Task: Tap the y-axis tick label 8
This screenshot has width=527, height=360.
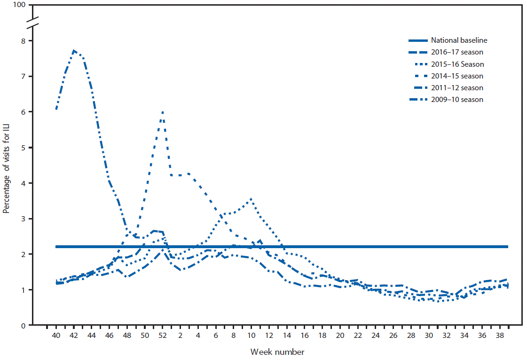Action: pyautogui.click(x=24, y=41)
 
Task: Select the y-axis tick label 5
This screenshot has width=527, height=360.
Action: pyautogui.click(x=24, y=148)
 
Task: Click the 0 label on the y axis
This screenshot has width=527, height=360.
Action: pyautogui.click(x=24, y=325)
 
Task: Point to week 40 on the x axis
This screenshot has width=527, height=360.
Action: pyautogui.click(x=56, y=336)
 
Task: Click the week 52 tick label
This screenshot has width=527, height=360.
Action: pyautogui.click(x=163, y=336)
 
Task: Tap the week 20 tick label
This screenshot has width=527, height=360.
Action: pyautogui.click(x=340, y=336)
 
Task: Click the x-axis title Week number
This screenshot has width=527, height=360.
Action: pyautogui.click(x=277, y=352)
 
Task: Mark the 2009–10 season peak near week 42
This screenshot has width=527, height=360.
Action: pyautogui.click(x=74, y=50)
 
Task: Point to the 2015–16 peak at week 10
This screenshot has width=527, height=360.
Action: pyautogui.click(x=252, y=199)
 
